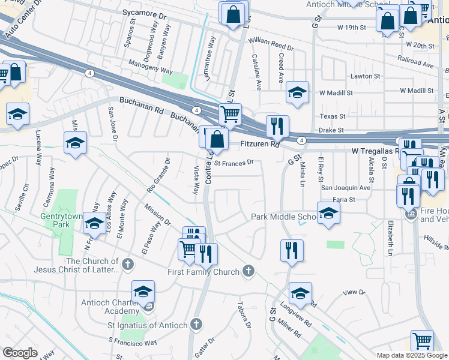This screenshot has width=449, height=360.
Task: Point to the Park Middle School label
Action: pyautogui.click(x=283, y=217)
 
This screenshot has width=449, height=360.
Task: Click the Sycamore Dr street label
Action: pyautogui.click(x=143, y=12)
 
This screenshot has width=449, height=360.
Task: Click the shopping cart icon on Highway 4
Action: pyautogui.click(x=230, y=113)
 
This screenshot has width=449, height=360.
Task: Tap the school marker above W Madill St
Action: pyautogui.click(x=297, y=92)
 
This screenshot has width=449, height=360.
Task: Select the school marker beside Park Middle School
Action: pyautogui.click(x=328, y=213)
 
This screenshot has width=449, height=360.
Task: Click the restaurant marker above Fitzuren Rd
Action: pyautogui.click(x=277, y=126)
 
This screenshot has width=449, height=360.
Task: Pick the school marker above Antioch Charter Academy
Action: pyautogui.click(x=143, y=292)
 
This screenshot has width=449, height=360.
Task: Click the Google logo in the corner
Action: pyautogui.click(x=20, y=353)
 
